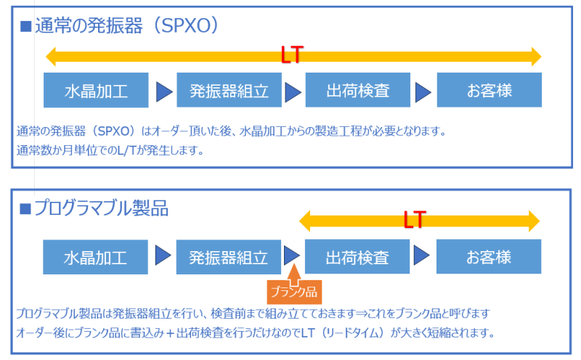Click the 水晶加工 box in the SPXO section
(x=96, y=91)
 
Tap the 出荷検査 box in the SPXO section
(x=358, y=91)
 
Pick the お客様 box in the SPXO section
(x=489, y=91)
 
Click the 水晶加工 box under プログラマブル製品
(x=95, y=257)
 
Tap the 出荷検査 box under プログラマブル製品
(x=357, y=257)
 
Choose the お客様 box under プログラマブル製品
(x=488, y=257)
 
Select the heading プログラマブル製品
(x=102, y=209)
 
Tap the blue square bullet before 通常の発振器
(x=25, y=27)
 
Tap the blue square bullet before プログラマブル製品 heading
(x=25, y=210)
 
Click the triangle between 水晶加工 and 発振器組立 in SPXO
(x=163, y=91)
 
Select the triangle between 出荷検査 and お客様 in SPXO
(x=423, y=91)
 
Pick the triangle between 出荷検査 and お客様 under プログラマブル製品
(x=422, y=256)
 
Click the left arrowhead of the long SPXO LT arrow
(x=51, y=56)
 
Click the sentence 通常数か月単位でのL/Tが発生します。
(x=110, y=151)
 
